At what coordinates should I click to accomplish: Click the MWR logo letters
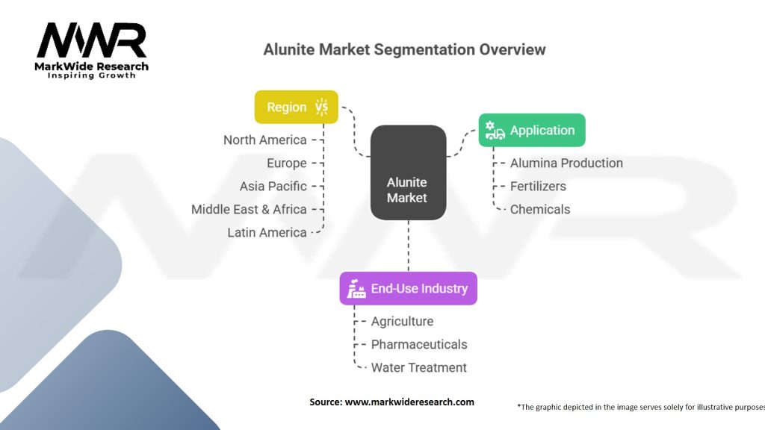click(x=92, y=40)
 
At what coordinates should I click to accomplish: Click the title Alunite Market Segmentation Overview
click(x=404, y=49)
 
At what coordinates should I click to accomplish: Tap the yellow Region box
click(x=296, y=107)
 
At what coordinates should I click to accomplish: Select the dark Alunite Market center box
click(x=409, y=172)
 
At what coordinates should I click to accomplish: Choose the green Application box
click(x=532, y=130)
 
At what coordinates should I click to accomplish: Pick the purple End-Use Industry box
click(x=409, y=289)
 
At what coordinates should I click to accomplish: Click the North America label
click(x=265, y=140)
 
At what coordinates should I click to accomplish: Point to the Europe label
click(x=286, y=163)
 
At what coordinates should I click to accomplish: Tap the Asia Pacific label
click(x=273, y=186)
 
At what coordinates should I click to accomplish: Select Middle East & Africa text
click(x=249, y=209)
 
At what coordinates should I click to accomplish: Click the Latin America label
click(x=267, y=233)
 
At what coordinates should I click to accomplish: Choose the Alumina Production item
click(x=566, y=163)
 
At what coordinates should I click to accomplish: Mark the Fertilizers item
click(x=538, y=186)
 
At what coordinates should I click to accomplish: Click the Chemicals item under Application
click(x=540, y=209)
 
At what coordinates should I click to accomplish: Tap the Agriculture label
click(x=402, y=321)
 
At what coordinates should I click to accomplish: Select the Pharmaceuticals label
click(x=419, y=344)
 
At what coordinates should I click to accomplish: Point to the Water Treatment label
click(x=418, y=367)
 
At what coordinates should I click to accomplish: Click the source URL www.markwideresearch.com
click(x=409, y=402)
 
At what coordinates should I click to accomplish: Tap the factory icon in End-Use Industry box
click(x=356, y=289)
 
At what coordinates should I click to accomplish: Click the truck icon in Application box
click(x=495, y=131)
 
